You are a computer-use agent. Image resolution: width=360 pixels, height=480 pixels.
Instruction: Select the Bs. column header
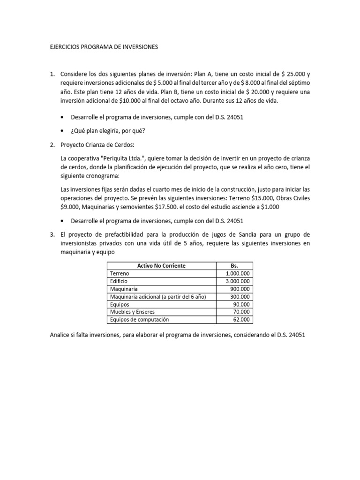click(235, 266)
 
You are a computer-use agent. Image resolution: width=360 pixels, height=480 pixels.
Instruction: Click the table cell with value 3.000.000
click(237, 281)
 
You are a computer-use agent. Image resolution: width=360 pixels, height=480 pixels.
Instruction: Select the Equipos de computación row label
click(140, 320)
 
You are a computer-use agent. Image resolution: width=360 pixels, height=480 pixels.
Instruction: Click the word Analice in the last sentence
click(61, 335)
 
